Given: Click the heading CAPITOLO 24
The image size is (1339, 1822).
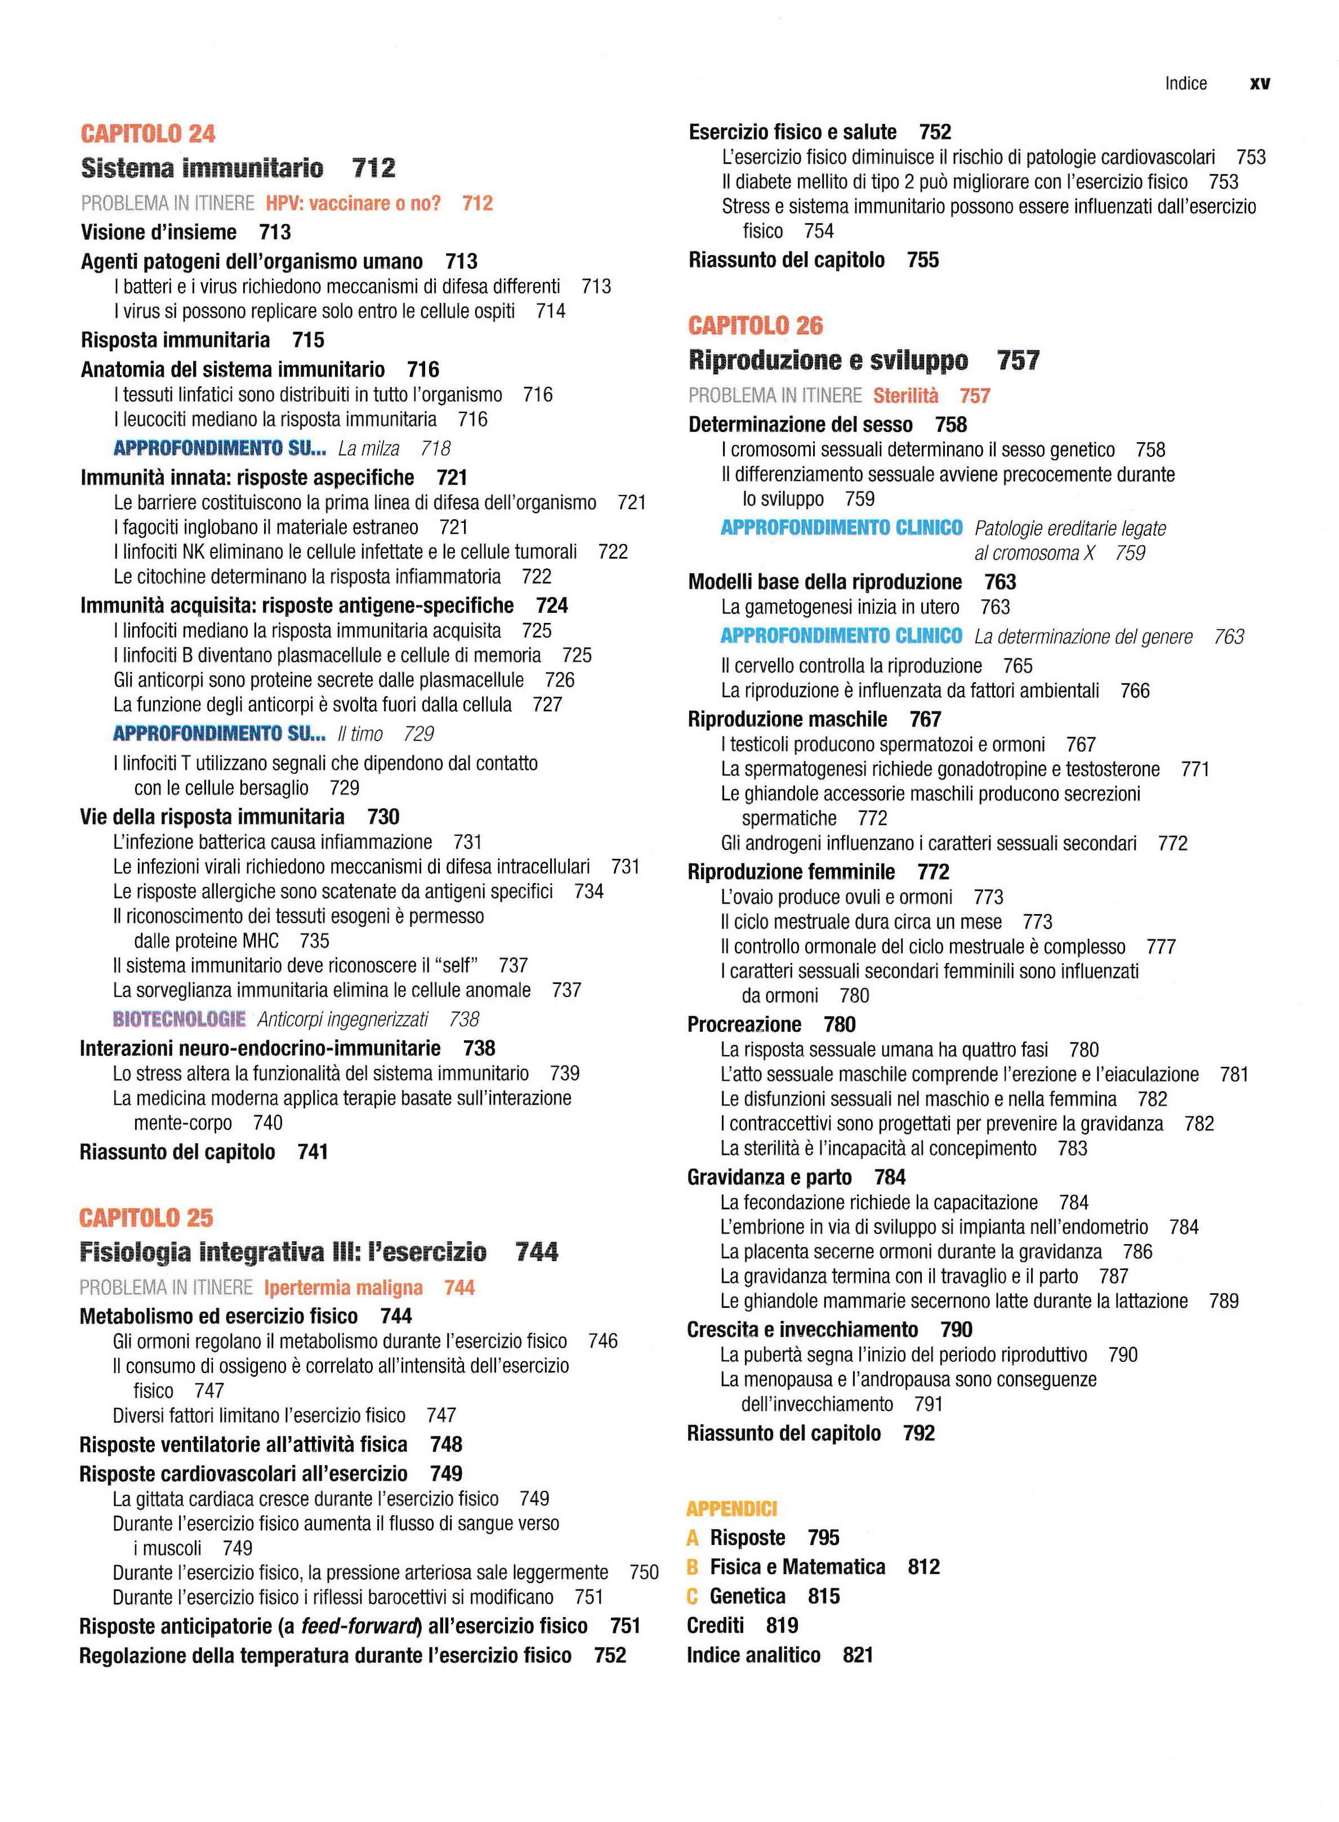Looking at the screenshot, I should (x=148, y=133).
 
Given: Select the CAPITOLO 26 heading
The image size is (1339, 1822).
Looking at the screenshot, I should (x=756, y=326).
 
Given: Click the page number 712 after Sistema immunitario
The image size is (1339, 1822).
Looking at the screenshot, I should (x=374, y=168).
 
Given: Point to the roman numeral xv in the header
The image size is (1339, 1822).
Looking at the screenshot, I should (x=1260, y=83).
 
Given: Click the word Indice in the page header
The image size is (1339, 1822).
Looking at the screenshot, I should (x=1186, y=83).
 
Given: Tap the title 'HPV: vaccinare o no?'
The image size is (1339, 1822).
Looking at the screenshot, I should (x=354, y=203).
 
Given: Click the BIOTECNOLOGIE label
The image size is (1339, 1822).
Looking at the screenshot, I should (x=179, y=1019).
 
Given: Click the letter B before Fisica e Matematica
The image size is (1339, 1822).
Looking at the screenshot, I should (x=692, y=1567).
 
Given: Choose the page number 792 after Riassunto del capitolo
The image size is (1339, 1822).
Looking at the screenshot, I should (x=918, y=1433).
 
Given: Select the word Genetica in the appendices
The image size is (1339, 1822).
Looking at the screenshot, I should (x=747, y=1596).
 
